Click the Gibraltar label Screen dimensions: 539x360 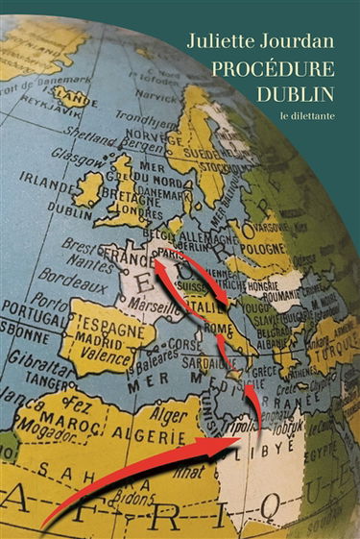click(x=36, y=375)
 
